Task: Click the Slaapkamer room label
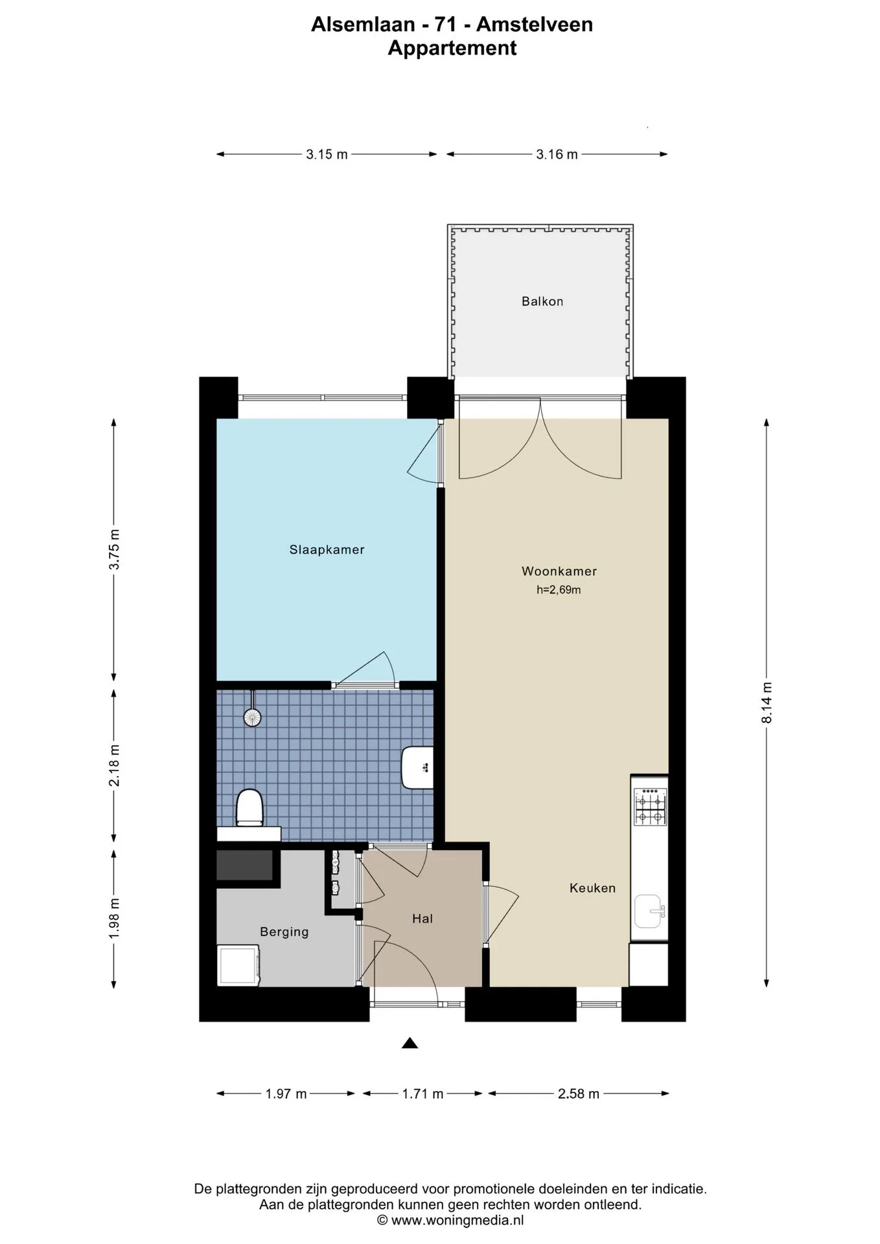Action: [327, 549]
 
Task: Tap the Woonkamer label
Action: [559, 571]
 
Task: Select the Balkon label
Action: [542, 301]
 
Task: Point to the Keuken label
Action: [592, 888]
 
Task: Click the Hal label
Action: [423, 918]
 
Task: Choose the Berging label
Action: [284, 932]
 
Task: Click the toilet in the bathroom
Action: [249, 807]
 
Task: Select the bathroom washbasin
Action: [417, 767]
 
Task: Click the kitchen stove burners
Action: [650, 807]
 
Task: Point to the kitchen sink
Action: [649, 911]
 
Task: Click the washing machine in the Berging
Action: [238, 965]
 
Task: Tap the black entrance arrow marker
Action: [410, 1042]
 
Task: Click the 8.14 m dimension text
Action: [767, 702]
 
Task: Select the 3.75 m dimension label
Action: [114, 549]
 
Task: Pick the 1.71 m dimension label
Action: [423, 1094]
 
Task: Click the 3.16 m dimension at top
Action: [557, 154]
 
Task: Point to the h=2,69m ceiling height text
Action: [559, 590]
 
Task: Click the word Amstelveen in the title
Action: [535, 25]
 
